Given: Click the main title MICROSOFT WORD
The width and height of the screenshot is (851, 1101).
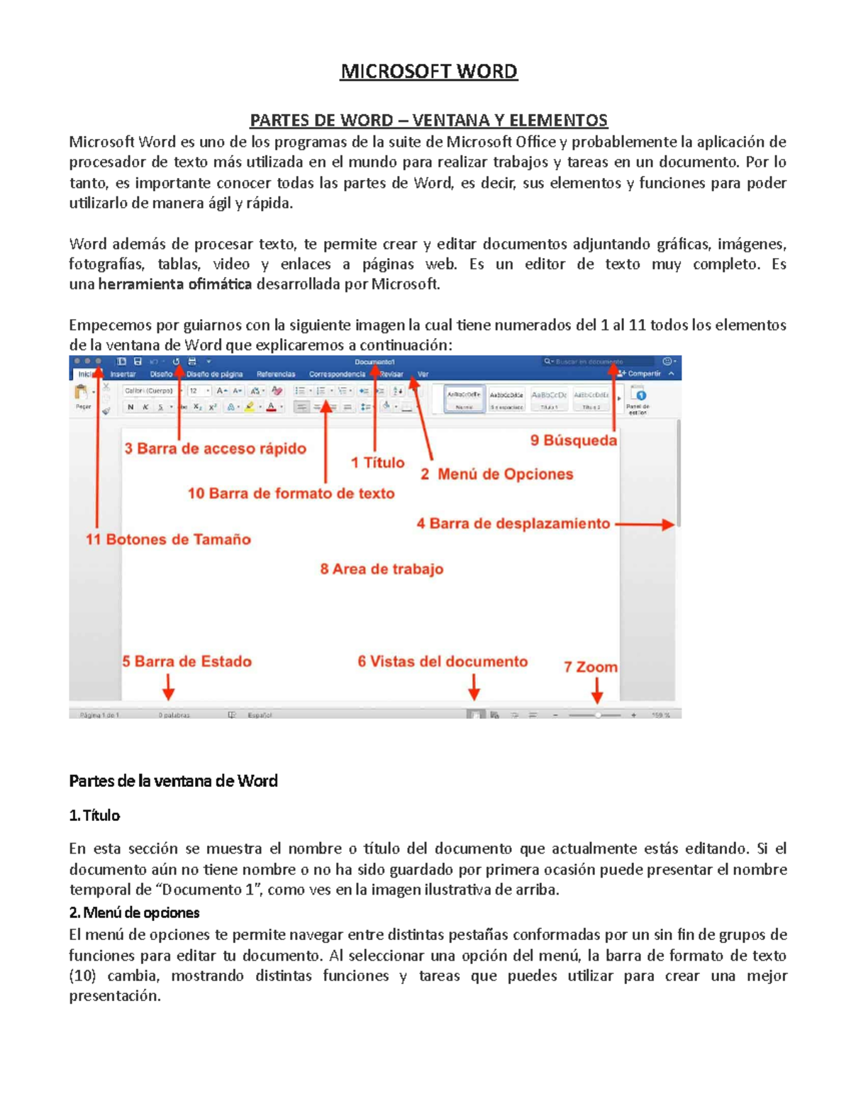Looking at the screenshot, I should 428,72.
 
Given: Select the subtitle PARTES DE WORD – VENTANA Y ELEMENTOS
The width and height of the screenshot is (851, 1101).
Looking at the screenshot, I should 428,120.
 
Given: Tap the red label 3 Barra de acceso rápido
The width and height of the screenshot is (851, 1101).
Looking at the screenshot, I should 215,449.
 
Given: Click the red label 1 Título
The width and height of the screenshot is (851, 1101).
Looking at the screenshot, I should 377,463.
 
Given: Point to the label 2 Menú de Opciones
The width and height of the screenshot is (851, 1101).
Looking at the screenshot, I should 496,474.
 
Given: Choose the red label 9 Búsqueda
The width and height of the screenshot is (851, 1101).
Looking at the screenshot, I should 573,440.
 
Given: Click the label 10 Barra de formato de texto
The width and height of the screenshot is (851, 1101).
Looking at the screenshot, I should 291,493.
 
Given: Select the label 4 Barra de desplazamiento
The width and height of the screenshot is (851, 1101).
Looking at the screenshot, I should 513,524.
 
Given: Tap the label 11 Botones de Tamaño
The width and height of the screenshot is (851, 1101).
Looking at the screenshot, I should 168,540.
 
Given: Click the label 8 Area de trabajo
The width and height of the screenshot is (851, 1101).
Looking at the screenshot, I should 382,569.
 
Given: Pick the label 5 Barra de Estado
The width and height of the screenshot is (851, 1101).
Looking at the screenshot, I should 187,661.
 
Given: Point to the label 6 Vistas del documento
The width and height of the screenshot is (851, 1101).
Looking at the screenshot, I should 443,661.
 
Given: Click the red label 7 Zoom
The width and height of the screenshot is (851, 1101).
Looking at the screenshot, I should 590,667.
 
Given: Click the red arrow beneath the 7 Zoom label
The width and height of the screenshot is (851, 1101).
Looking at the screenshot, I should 597,690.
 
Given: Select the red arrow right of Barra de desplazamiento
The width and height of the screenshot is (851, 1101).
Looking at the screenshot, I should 645,525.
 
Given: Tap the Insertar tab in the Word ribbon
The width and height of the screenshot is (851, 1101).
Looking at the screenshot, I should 123,374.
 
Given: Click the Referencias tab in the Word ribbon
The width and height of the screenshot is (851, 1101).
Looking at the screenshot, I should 276,374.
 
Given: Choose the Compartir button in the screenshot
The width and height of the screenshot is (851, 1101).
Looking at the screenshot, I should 640,374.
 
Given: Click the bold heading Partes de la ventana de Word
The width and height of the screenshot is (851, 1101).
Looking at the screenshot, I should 173,781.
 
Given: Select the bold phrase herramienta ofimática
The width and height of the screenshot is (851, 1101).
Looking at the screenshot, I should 175,285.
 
